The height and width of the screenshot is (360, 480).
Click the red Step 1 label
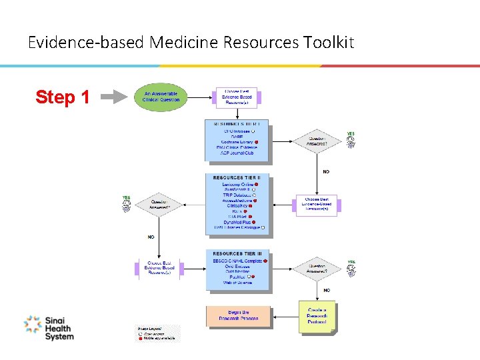coord(63,97)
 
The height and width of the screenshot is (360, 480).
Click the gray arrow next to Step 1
coord(118,97)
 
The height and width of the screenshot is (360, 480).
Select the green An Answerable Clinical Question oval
coord(161,97)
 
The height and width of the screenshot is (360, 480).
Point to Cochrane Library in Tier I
coord(239,142)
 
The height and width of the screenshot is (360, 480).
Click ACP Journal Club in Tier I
coord(238,153)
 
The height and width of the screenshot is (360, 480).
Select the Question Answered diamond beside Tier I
coord(317,141)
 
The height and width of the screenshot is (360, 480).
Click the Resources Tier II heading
coord(238,177)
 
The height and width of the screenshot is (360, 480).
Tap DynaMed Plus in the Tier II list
coord(237,222)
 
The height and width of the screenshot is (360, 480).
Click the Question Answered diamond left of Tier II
coord(159,204)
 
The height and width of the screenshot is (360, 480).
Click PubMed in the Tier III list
coord(237,277)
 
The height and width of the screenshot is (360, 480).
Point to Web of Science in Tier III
coord(237,283)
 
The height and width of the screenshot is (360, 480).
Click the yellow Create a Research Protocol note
coord(317,316)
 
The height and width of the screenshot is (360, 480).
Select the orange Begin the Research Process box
coord(238,316)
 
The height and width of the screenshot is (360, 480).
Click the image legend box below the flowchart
coord(157,333)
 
